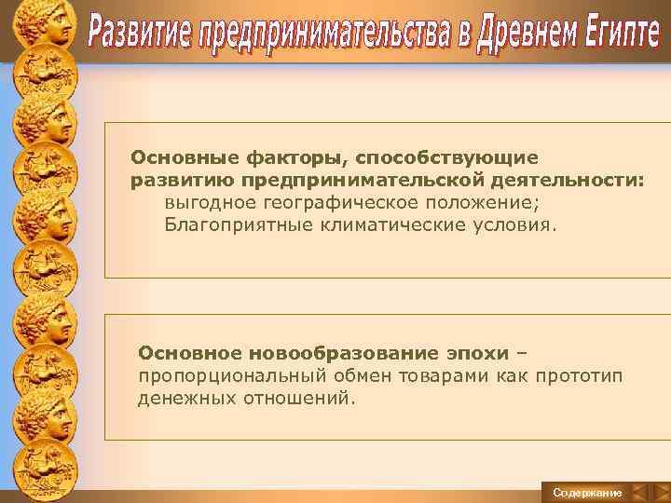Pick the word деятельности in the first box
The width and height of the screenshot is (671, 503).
(x=582, y=179)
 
